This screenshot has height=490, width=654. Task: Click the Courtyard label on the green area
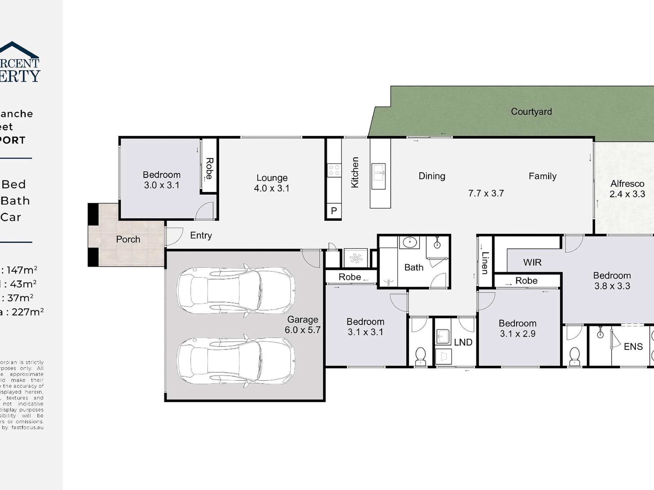pyautogui.click(x=531, y=112)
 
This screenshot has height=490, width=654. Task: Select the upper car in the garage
pyautogui.click(x=236, y=290)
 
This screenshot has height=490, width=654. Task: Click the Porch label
pyautogui.click(x=128, y=239)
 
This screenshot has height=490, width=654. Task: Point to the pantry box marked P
pyautogui.click(x=334, y=210)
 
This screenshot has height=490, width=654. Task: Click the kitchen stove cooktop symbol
pyautogui.click(x=334, y=170)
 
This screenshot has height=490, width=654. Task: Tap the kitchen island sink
pyautogui.click(x=378, y=176)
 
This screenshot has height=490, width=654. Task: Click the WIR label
pyautogui.click(x=532, y=262)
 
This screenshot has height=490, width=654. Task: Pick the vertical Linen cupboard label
pyautogui.click(x=485, y=263)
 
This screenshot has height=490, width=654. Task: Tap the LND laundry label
pyautogui.click(x=463, y=342)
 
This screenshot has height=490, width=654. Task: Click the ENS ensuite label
pyautogui.click(x=633, y=347)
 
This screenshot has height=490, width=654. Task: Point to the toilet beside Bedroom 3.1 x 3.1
pyautogui.click(x=420, y=356)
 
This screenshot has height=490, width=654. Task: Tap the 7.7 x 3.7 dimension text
pyautogui.click(x=486, y=193)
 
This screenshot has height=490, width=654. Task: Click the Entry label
pyautogui.click(x=201, y=236)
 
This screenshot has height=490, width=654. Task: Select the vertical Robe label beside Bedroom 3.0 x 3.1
pyautogui.click(x=209, y=168)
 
